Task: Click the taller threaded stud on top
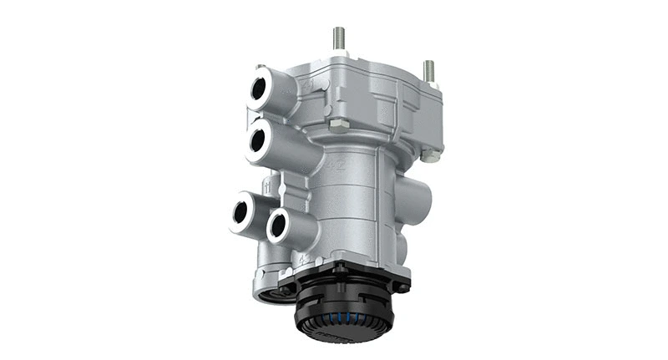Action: pos(340,38)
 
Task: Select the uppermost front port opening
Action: pos(260,89)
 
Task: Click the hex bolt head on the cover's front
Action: pos(338,125)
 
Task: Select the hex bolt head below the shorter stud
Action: pos(429,155)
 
